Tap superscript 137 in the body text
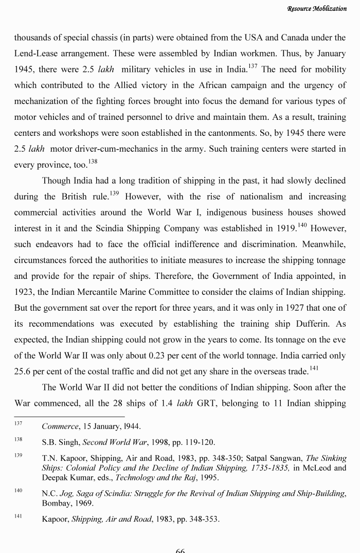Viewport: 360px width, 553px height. (253, 65)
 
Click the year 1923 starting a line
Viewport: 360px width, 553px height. (25, 292)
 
